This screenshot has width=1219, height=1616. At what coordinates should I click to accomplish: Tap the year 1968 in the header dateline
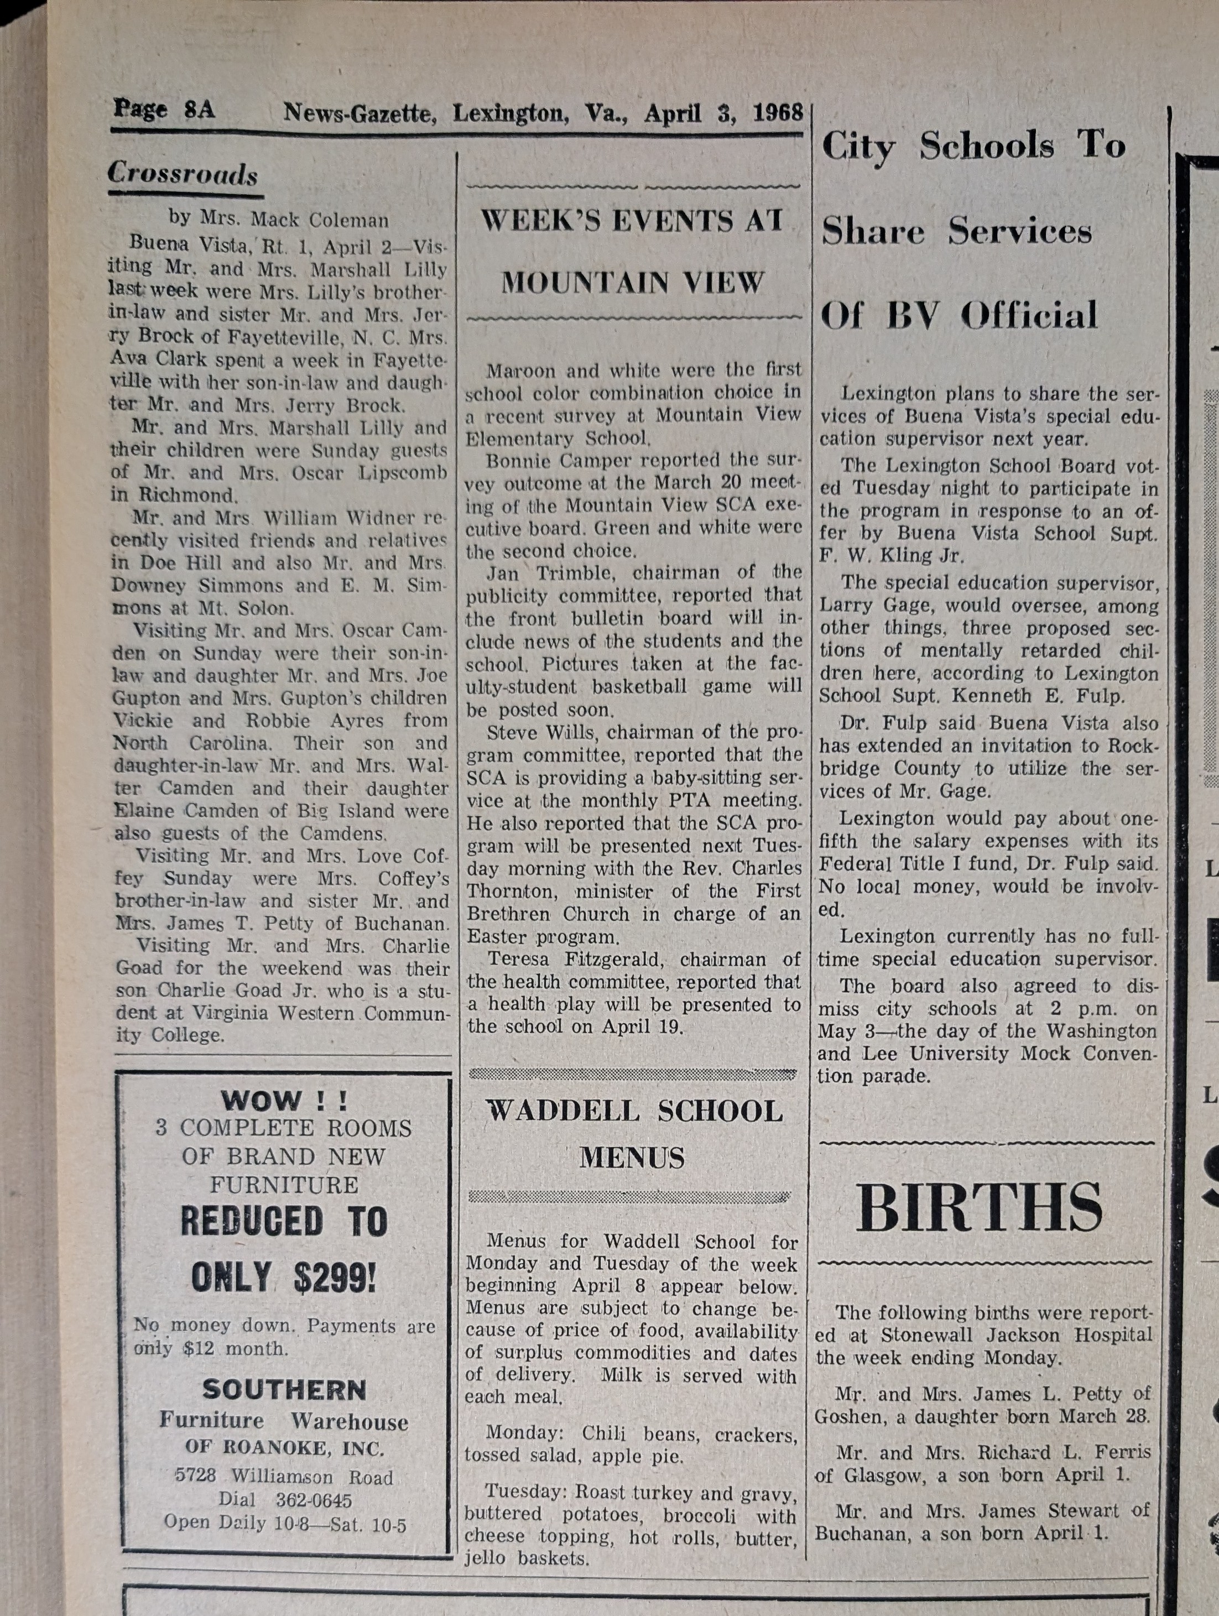pyautogui.click(x=778, y=113)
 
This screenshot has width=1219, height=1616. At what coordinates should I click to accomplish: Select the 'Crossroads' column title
pyautogui.click(x=183, y=174)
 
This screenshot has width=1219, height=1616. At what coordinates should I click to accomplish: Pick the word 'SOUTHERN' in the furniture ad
pyautogui.click(x=284, y=1389)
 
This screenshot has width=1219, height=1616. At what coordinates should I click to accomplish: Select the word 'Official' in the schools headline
pyautogui.click(x=1029, y=316)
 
